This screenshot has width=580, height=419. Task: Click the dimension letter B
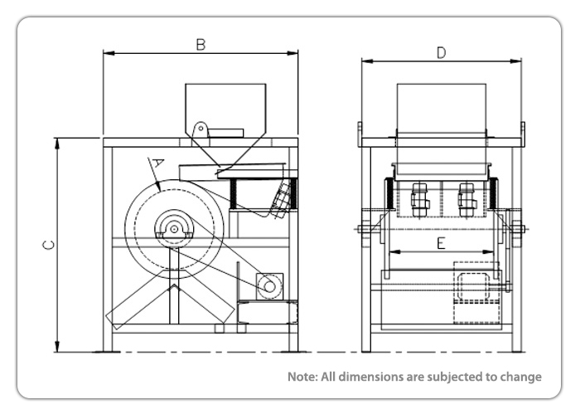201,45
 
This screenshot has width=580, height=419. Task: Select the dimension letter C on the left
49,246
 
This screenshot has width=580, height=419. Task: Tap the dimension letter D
442,52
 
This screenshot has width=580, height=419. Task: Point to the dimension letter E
441,243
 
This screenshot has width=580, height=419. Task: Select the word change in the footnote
521,377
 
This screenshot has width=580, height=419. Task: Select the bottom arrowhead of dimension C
58,348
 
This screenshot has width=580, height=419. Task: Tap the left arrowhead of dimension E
392,251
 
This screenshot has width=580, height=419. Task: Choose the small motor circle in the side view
268,285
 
